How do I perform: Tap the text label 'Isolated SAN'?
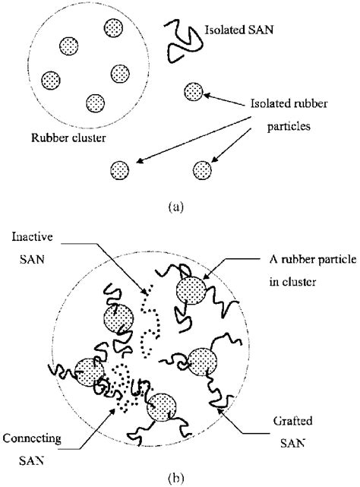[238, 33]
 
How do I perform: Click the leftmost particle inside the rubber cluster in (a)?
[52, 79]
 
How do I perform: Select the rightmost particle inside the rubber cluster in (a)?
[120, 73]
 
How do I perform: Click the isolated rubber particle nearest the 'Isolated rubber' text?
[192, 92]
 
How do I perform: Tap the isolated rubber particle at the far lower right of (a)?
[202, 169]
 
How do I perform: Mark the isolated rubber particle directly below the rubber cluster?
[119, 169]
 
